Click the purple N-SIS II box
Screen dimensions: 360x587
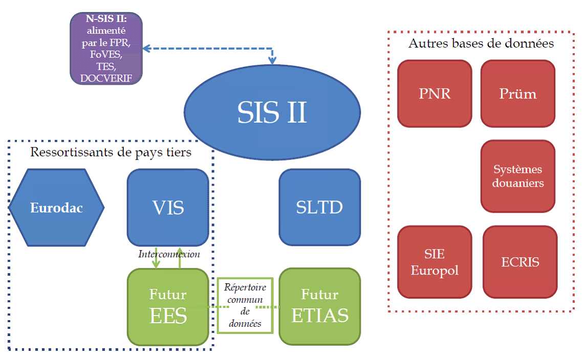(106, 48)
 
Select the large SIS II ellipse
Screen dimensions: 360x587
(272, 112)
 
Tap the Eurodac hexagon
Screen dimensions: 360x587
(56, 208)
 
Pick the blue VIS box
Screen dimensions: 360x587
(168, 208)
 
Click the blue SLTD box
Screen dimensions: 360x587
(319, 208)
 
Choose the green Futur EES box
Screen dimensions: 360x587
(168, 307)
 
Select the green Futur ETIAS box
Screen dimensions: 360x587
(319, 307)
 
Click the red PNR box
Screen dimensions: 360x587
(434, 94)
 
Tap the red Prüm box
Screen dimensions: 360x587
(517, 94)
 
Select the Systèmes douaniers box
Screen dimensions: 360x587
(517, 176)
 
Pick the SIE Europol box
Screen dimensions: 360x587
(434, 262)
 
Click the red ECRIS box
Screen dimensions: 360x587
(520, 262)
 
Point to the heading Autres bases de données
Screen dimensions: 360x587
(481, 43)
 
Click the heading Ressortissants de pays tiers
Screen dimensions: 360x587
(111, 152)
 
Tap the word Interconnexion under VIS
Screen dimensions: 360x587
(169, 254)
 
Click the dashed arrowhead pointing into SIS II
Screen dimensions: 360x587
(272, 60)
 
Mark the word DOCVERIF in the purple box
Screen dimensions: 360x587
(105, 78)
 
